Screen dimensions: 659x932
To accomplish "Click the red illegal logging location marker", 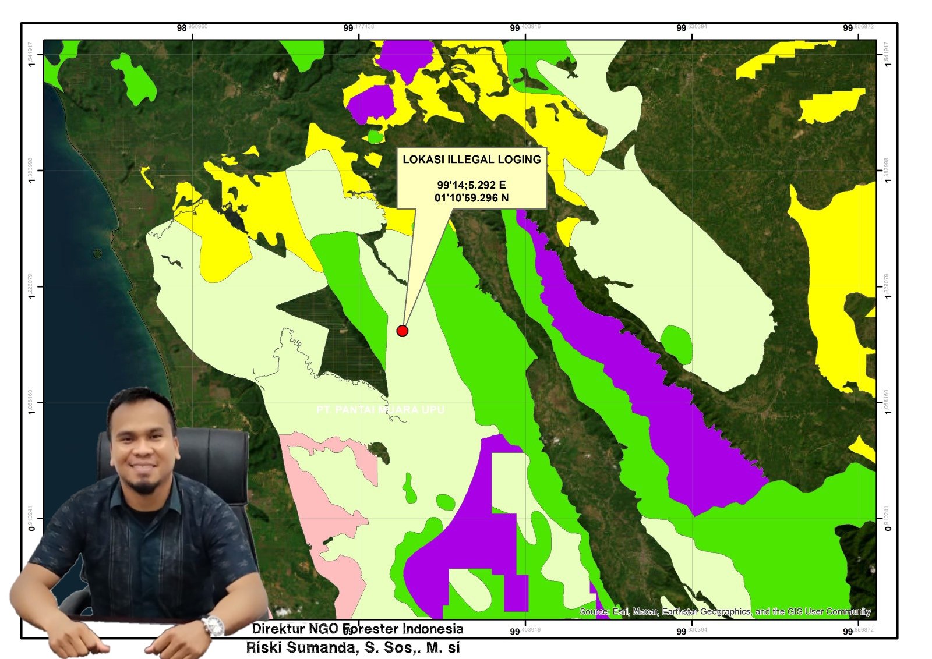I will (x=402, y=331).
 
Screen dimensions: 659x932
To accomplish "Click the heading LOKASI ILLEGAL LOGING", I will (x=472, y=160).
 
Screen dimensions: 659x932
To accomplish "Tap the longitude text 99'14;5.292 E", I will (x=472, y=185).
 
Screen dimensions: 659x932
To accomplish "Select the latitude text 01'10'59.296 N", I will (x=472, y=198).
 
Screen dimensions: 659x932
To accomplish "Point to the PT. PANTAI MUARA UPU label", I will (x=380, y=410).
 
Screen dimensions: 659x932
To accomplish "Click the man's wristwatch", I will (x=213, y=626).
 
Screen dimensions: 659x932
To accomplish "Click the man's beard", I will (x=143, y=484).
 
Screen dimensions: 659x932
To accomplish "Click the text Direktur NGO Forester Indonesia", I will (x=358, y=629).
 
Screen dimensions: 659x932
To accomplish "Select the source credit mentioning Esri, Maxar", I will (x=725, y=611).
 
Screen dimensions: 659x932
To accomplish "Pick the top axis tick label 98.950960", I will (x=192, y=27).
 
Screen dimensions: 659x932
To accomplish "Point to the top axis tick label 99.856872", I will (x=859, y=27).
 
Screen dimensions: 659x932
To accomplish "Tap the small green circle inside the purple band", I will (x=677, y=343).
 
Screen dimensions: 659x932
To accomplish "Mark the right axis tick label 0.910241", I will (x=887, y=518).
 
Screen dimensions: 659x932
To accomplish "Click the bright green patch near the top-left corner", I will (x=135, y=79).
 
